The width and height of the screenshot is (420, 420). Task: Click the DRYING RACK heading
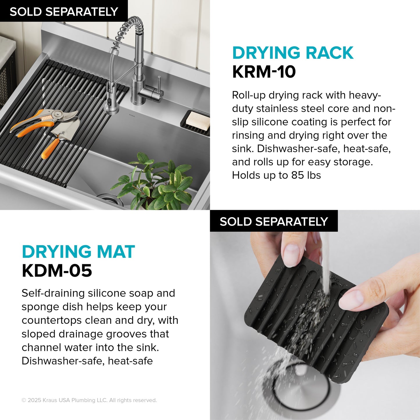point(293,53)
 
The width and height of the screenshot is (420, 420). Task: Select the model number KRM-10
point(264,72)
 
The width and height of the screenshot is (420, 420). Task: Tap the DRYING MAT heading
point(78,252)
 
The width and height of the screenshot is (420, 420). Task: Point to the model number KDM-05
point(57,271)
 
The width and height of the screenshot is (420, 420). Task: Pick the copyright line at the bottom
point(89,400)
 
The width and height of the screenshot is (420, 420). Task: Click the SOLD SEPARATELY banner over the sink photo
point(64,12)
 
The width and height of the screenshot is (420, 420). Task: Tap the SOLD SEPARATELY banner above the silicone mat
point(274,221)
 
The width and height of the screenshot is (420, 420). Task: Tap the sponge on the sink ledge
point(198,120)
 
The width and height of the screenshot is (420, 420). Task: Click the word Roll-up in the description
point(249,95)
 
